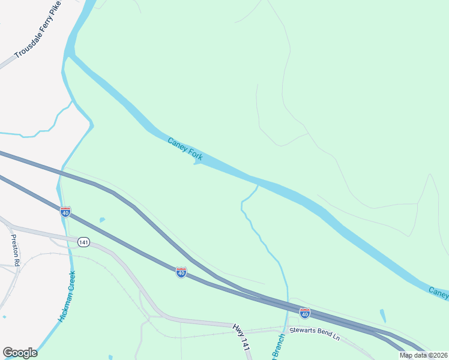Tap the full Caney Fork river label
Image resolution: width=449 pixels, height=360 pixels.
[x=185, y=149]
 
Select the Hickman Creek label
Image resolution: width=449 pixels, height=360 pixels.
[x=67, y=296]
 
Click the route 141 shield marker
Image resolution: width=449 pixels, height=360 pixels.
[x=83, y=242]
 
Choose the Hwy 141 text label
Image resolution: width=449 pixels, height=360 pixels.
[x=241, y=337]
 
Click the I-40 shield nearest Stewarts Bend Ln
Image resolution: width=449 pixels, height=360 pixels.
[x=305, y=313]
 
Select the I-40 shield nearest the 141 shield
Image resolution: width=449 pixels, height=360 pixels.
[x=65, y=212]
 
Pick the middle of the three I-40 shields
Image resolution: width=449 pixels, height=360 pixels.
[x=181, y=272]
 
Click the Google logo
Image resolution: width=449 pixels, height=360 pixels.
[x=20, y=353]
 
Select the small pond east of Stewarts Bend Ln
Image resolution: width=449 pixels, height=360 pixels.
[x=383, y=315]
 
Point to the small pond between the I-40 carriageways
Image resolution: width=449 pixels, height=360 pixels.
[x=101, y=220]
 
